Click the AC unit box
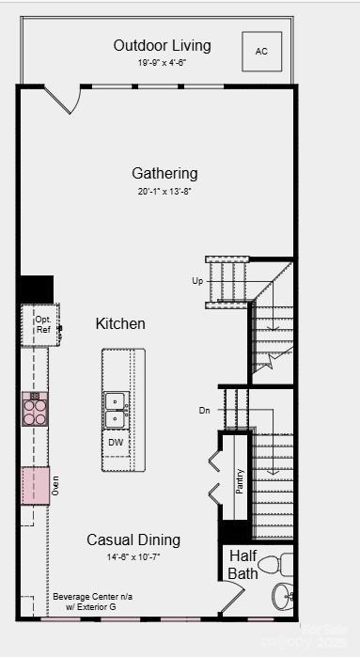coord(261,52)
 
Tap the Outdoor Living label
coord(162,45)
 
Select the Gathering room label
coord(164,173)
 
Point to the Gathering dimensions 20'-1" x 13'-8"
coord(164,191)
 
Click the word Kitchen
coord(120,323)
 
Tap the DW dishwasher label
coord(116,442)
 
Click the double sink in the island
coord(116,410)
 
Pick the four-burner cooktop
coord(35,409)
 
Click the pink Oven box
coord(36,485)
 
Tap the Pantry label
coord(240,482)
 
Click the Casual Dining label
coord(133,540)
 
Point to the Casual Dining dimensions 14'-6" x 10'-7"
coord(133,557)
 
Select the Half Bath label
coord(243,564)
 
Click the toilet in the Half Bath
coord(273,565)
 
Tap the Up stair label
coord(197,281)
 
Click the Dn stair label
coord(205,411)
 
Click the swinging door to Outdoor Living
coord(61,99)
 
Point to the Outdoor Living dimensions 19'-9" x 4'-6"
coord(162,63)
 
